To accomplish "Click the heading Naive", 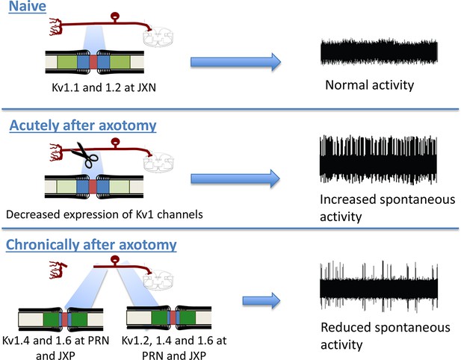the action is [x=28, y=6].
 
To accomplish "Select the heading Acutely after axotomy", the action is [x=83, y=125].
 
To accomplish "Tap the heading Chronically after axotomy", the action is [x=91, y=244].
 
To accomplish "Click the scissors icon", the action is [x=84, y=155].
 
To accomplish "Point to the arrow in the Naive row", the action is [x=236, y=62].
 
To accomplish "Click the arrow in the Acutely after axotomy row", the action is [x=235, y=179].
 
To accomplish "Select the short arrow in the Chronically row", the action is [x=262, y=300].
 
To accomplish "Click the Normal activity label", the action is [x=370, y=85].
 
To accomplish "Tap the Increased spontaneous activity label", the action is [x=388, y=208].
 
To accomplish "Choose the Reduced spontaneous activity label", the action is [x=386, y=336].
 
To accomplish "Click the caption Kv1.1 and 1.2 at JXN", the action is [x=104, y=87].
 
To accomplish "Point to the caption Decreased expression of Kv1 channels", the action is [x=105, y=214].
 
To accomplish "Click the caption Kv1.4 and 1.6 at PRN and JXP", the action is [x=55, y=348].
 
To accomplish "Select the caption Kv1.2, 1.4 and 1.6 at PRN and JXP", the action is [x=174, y=348].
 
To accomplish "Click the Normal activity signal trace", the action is [x=379, y=52].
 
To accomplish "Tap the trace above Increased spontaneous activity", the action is [x=378, y=160].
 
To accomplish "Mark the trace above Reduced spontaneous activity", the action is [x=379, y=285].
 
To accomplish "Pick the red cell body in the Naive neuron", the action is [x=114, y=16].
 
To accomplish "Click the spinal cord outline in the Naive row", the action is [x=158, y=37].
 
